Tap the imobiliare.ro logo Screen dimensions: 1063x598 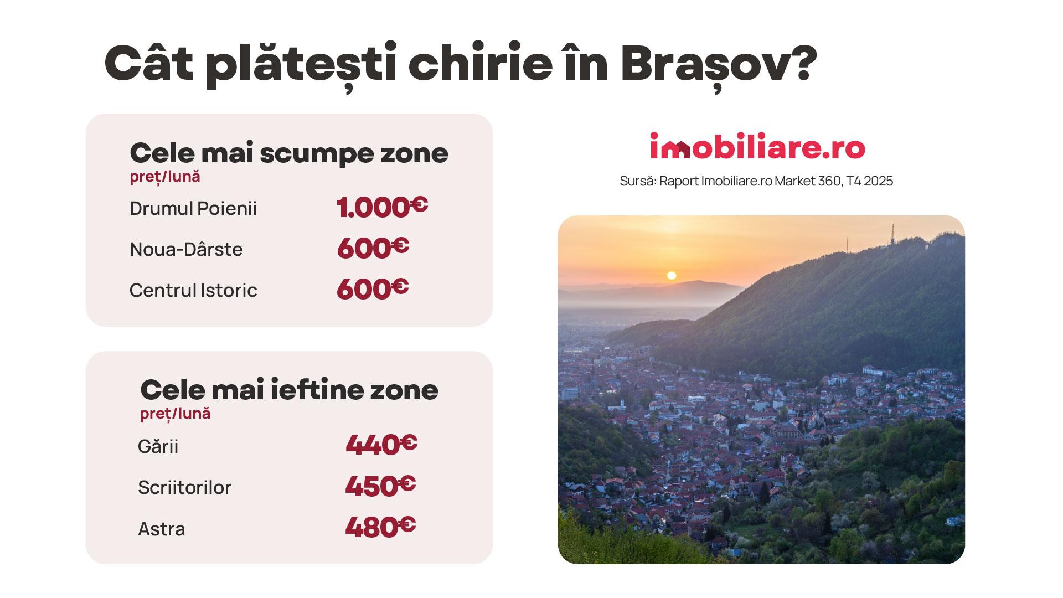tap(757, 146)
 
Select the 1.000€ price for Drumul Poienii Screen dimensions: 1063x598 tap(382, 207)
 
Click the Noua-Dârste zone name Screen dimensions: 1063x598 tap(186, 249)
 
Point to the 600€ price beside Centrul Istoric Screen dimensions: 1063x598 tap(373, 288)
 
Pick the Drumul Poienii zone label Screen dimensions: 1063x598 tap(193, 208)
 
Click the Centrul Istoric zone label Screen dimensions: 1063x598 tap(193, 290)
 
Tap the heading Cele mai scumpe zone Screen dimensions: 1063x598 tap(289, 153)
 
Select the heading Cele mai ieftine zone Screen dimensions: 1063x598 tap(289, 390)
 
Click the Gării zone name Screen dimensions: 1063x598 tap(158, 446)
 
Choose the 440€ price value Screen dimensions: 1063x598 tap(381, 444)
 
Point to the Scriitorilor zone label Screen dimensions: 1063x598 tap(184, 487)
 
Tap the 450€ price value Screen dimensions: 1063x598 tap(380, 486)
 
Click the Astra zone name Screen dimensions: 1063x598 tap(161, 529)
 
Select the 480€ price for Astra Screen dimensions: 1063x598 tap(380, 527)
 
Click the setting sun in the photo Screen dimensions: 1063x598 tap(672, 275)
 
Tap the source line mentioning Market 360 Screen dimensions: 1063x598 tap(756, 181)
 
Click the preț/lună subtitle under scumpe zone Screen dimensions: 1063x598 tap(165, 177)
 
